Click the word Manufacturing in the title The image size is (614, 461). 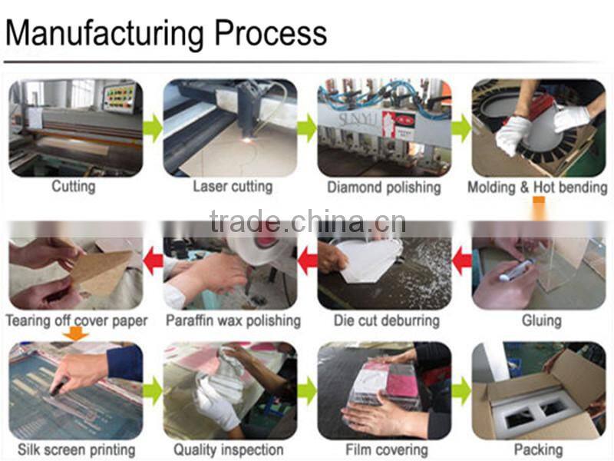(x=104, y=34)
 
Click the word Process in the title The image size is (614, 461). (x=271, y=34)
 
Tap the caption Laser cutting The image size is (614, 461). (x=233, y=187)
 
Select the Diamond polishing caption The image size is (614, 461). (x=385, y=187)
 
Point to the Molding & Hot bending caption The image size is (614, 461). (x=538, y=187)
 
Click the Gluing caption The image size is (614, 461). (x=542, y=320)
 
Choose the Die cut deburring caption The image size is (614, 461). (x=387, y=320)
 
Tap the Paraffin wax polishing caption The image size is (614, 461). (x=233, y=320)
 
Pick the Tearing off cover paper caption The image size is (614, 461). (x=77, y=320)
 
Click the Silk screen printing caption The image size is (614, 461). (x=76, y=450)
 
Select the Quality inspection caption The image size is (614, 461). (x=228, y=450)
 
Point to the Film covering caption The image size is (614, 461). (x=387, y=450)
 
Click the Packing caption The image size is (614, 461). (x=539, y=450)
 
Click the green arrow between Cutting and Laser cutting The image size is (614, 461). (x=153, y=128)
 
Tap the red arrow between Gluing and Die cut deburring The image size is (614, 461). (x=462, y=260)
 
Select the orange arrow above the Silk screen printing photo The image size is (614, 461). (x=76, y=334)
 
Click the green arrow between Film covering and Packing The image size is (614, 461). (x=462, y=391)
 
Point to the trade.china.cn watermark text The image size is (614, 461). (x=308, y=221)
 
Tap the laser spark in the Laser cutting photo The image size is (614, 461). (x=247, y=139)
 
